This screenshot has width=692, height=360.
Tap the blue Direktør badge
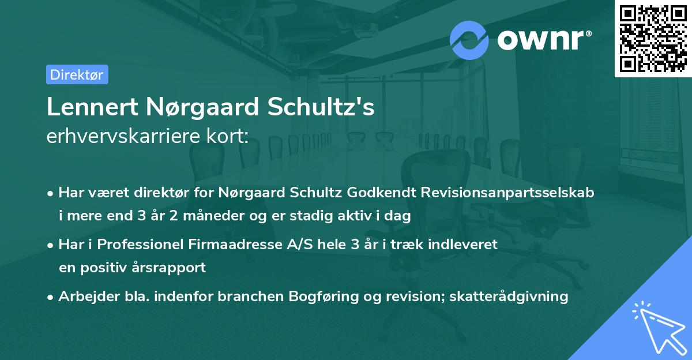(x=77, y=74)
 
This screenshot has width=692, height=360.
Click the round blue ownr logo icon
(x=470, y=40)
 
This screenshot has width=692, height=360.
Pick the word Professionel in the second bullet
(x=138, y=244)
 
